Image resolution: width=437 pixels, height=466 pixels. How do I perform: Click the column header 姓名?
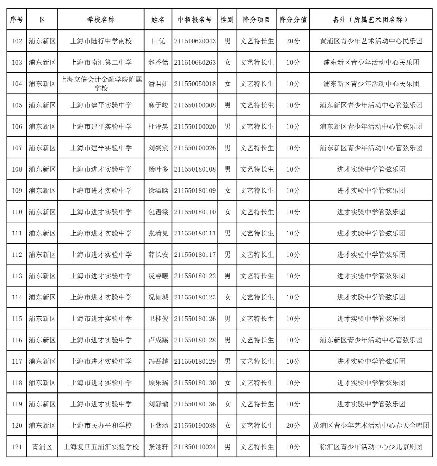(158, 20)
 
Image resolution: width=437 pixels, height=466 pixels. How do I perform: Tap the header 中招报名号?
(195, 20)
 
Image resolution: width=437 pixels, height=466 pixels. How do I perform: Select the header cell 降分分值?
(293, 20)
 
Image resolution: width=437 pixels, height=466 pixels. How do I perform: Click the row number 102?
(17, 41)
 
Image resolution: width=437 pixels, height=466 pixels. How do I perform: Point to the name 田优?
(158, 41)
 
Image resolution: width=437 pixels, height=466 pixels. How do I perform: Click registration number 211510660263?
(195, 63)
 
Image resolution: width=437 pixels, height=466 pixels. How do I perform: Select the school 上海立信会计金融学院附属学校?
(101, 84)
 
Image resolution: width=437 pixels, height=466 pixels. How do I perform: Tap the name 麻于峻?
(158, 105)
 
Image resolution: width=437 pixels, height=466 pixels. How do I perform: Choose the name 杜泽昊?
(158, 126)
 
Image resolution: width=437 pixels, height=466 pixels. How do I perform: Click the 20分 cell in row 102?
(293, 41)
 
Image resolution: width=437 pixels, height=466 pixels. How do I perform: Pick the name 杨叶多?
(158, 169)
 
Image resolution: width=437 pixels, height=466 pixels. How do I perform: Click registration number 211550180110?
(195, 212)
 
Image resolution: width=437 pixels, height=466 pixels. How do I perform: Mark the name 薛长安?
(158, 255)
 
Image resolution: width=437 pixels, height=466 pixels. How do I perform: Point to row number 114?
(17, 297)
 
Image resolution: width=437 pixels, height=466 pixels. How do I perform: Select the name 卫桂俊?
(158, 319)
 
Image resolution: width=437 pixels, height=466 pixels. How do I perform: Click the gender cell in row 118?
(227, 383)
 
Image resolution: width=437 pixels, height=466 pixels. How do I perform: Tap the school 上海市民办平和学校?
(101, 425)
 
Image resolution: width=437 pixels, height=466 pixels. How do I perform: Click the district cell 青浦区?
(42, 447)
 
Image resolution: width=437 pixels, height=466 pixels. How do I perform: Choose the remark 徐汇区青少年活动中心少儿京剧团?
(371, 447)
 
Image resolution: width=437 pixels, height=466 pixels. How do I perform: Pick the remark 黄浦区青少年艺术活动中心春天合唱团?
(371, 425)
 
